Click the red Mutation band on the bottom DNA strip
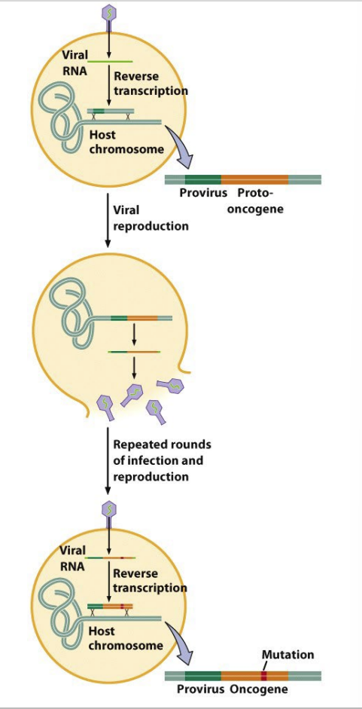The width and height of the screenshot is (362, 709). pos(264,676)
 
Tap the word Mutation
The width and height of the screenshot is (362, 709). pos(287,655)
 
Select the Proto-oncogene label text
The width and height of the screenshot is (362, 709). pos(256,202)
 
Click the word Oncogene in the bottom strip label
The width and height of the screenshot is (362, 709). pos(258,689)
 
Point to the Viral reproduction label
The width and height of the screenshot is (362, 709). pos(151,218)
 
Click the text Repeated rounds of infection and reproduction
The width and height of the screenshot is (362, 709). pos(161,460)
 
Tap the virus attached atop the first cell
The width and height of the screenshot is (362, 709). pos(108,17)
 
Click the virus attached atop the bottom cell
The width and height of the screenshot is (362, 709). pos(108,515)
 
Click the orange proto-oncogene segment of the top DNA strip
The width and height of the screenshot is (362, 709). pos(254,179)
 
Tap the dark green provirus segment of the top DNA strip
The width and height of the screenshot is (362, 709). pos(203,179)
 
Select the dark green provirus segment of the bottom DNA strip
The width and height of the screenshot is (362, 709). pos(203,676)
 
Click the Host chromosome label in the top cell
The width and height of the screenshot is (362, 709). pos(126,142)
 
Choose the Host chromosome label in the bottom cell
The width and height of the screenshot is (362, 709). pos(126,638)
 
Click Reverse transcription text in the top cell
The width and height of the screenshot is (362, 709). pos(151,84)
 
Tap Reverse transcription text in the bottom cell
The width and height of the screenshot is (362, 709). pos(150,581)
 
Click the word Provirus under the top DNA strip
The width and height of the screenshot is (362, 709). pos(203,194)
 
